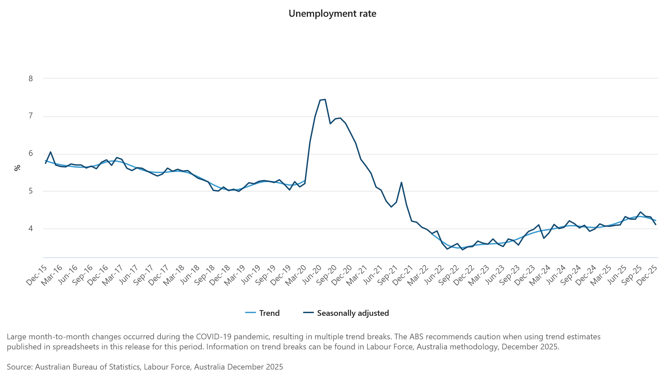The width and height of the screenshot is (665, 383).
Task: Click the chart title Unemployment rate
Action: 332,14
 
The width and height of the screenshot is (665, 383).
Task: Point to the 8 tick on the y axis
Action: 31,79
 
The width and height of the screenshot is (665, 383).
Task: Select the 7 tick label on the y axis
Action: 31,116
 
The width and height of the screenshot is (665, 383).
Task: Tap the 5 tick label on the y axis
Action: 31,191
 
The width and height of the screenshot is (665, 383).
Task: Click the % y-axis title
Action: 17,168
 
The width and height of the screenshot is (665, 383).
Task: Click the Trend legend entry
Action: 263,313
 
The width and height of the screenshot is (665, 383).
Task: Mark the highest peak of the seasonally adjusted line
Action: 325,99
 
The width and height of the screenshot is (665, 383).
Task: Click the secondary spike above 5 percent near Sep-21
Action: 401,182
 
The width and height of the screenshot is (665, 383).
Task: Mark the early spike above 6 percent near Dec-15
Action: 50,152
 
